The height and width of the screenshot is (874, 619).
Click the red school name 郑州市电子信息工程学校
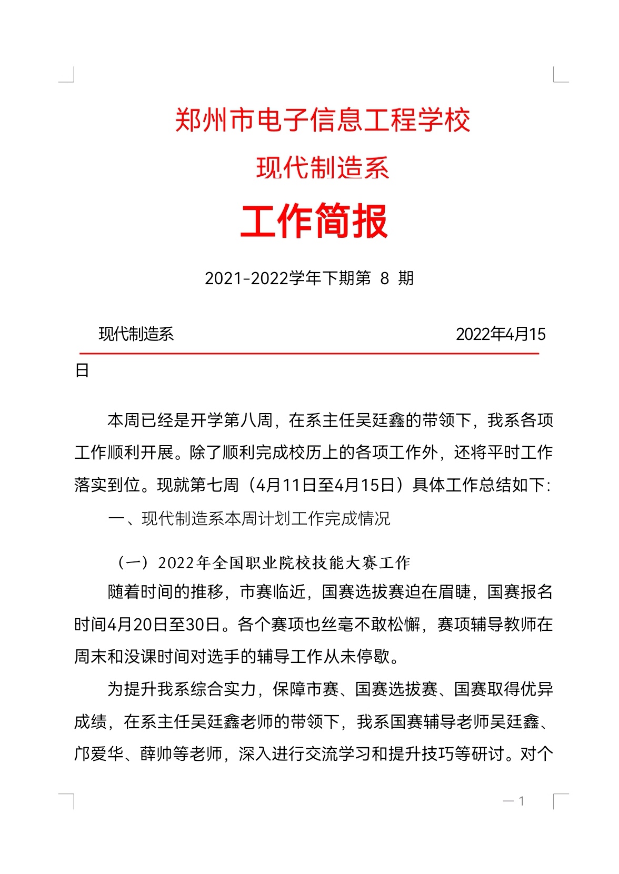tap(322, 120)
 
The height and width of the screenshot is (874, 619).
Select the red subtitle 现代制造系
tap(322, 168)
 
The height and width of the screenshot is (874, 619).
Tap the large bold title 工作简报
tap(314, 222)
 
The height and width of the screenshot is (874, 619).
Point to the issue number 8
tap(385, 278)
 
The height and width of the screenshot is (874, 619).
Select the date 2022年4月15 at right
tap(501, 334)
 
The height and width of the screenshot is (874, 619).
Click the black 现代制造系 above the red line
tap(136, 334)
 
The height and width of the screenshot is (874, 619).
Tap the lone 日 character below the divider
tap(82, 371)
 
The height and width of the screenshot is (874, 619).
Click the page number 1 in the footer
tap(521, 801)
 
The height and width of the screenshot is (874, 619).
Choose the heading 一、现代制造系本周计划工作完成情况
tap(249, 519)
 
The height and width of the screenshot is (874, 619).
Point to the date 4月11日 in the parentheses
tap(283, 485)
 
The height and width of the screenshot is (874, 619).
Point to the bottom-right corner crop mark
tap(560, 801)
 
